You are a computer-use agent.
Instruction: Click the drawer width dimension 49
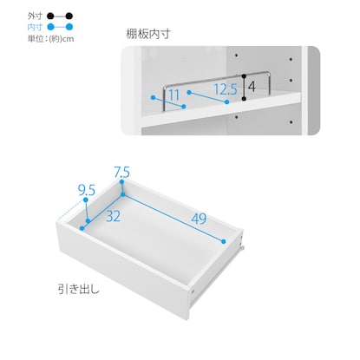tap(199, 219)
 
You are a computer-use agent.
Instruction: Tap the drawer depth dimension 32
tap(113, 216)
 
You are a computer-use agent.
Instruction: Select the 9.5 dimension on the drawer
tap(87, 190)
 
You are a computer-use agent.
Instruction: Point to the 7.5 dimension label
tap(121, 173)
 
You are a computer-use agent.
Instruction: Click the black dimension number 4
tap(252, 87)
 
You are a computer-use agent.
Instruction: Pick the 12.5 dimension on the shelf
tap(226, 89)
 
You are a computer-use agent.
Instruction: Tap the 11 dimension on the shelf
tap(174, 95)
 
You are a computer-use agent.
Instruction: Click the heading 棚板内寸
tap(148, 34)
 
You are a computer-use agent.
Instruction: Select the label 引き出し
tap(79, 289)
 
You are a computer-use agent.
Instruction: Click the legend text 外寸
tap(35, 16)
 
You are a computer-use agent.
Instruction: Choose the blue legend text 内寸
tap(35, 27)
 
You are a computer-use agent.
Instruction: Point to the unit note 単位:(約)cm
tap(51, 39)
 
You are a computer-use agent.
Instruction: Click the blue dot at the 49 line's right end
tap(224, 241)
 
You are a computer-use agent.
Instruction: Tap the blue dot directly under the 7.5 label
tap(121, 182)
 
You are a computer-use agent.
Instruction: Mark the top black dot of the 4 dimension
tap(244, 76)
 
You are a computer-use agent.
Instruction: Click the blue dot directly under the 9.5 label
tap(86, 200)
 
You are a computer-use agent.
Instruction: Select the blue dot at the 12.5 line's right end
tap(226, 101)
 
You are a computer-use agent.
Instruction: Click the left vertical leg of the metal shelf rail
tap(164, 98)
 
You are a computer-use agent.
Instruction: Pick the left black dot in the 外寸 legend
tap(51, 16)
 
